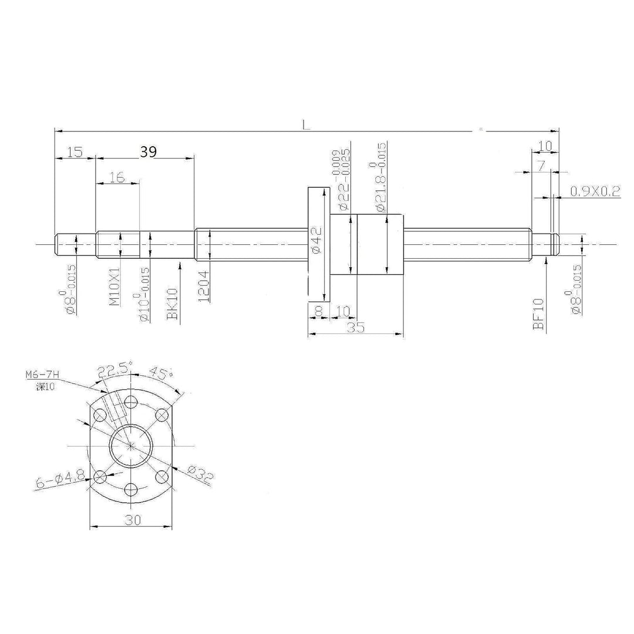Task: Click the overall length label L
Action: [306, 124]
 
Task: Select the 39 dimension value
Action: [149, 152]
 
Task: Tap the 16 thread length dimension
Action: [117, 177]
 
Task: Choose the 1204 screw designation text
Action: [203, 286]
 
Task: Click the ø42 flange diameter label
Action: [315, 241]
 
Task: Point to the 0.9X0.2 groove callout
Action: [595, 191]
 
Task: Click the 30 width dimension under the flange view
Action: [132, 519]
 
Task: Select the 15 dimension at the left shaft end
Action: [74, 152]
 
